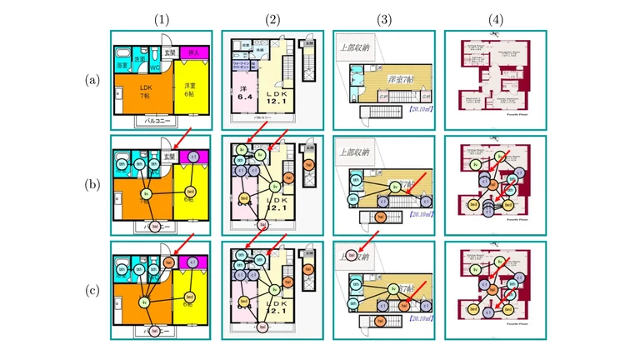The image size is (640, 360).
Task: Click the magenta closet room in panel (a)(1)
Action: pos(192,53)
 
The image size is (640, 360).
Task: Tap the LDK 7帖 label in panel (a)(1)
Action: pos(146,92)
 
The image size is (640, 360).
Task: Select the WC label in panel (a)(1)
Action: pos(155,69)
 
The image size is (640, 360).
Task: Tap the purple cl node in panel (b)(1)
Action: pos(193,157)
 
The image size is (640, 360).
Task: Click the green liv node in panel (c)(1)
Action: pos(145,301)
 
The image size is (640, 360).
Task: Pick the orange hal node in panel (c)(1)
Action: pos(169,262)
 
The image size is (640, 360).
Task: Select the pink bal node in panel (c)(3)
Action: pos(352,255)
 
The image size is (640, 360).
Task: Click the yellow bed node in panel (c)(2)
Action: pos(244,301)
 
